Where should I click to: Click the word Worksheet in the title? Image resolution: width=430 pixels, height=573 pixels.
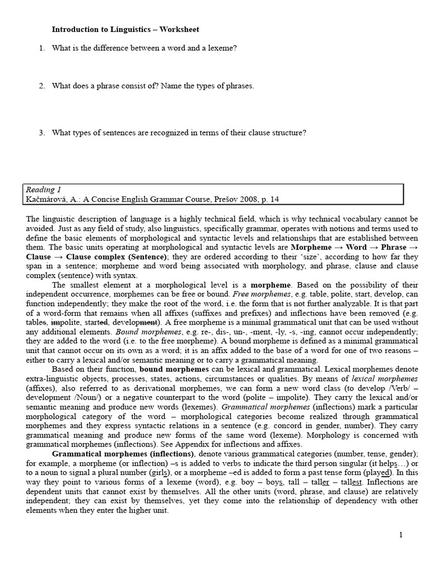179,29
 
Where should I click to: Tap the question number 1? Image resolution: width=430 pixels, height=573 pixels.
42,48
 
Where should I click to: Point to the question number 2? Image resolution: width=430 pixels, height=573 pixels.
42,86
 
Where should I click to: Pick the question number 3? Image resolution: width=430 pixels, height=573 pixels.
42,133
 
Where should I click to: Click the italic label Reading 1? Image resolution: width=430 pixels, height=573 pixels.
44,190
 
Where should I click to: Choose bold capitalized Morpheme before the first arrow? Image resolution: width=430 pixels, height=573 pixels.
311,247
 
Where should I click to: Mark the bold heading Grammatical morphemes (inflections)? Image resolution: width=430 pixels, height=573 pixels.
124,454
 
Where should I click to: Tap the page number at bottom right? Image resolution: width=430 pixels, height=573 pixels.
401,535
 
